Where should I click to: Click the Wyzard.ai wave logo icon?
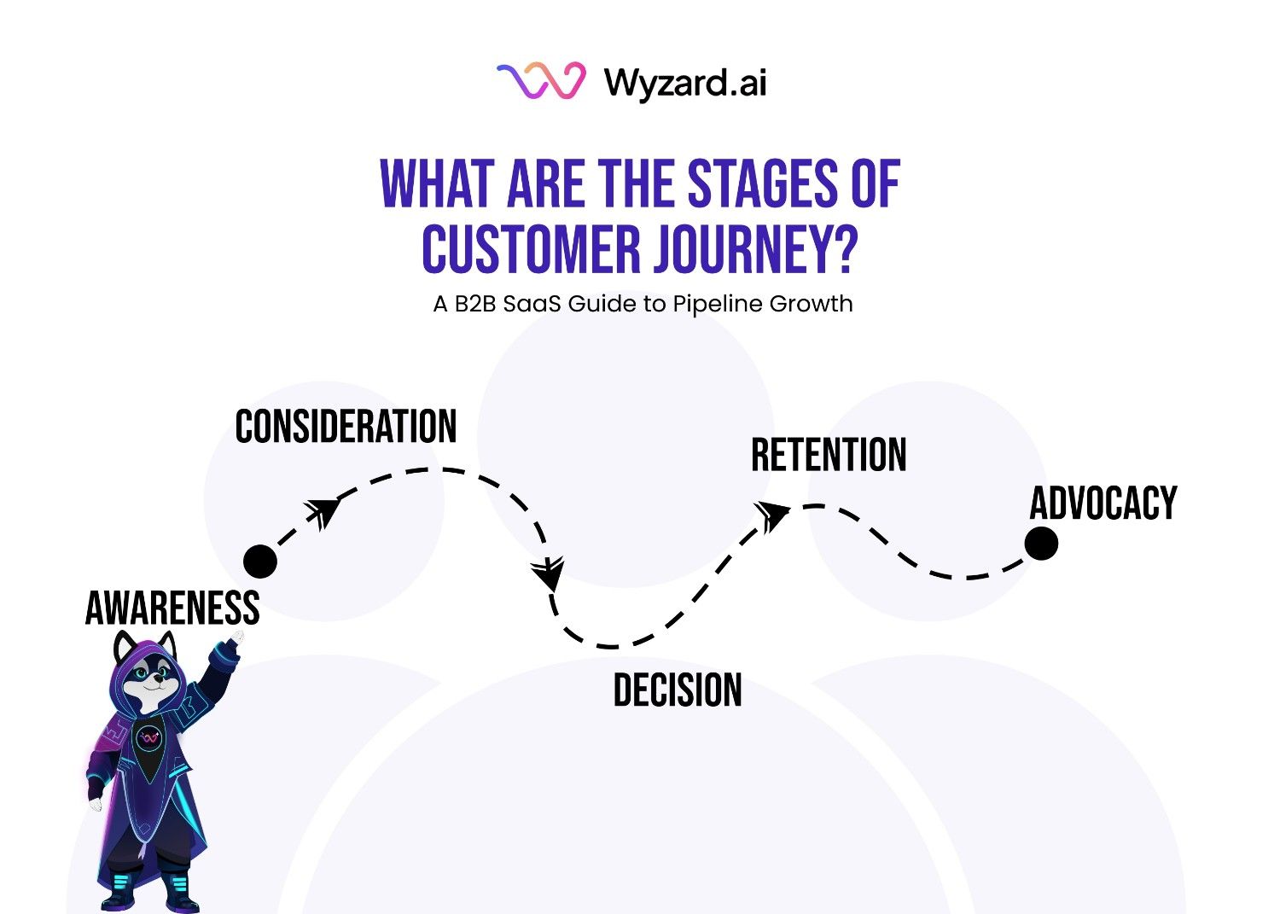pyautogui.click(x=541, y=82)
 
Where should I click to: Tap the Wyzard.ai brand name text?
pyautogui.click(x=685, y=83)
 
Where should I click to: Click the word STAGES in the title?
pyautogui.click(x=762, y=184)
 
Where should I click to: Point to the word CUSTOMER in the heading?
pyautogui.click(x=531, y=250)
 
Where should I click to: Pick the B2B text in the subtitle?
pyautogui.click(x=474, y=304)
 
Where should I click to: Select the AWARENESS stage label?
pyautogui.click(x=172, y=608)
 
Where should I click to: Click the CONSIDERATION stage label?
pyautogui.click(x=346, y=427)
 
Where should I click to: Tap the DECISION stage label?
pyautogui.click(x=678, y=690)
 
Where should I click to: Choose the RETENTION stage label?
pyautogui.click(x=829, y=455)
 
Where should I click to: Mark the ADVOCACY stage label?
pyautogui.click(x=1103, y=503)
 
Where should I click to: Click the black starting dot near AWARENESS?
pyautogui.click(x=260, y=561)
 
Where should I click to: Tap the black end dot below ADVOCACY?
pyautogui.click(x=1041, y=543)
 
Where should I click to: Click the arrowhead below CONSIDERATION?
pyautogui.click(x=324, y=511)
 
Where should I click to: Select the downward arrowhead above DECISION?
pyautogui.click(x=548, y=573)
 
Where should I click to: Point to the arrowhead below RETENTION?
pyautogui.click(x=771, y=515)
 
